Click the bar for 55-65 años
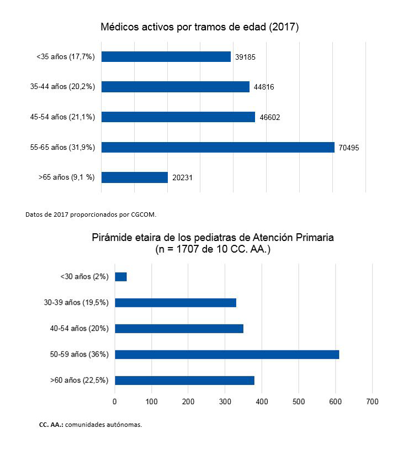coord(218,147)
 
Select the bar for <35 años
coord(166,56)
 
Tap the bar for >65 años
coord(134,177)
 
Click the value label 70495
coord(349,147)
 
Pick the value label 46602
coord(270,117)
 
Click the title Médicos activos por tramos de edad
coord(199,27)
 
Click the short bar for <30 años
coord(120,276)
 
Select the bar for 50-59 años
coord(226,354)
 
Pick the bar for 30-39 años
coord(175,302)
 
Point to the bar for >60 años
coord(184,380)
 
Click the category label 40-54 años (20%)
coord(79,328)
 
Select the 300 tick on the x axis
coord(225,401)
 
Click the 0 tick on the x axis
coord(114,401)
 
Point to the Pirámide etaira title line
coord(213,238)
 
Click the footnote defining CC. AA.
coord(90,425)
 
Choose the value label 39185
coord(246,57)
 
